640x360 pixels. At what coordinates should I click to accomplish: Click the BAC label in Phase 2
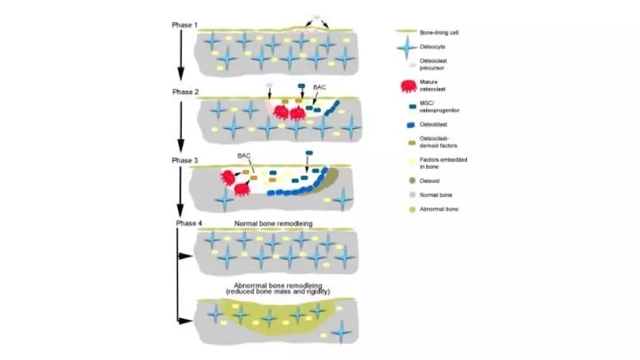click(x=319, y=87)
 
